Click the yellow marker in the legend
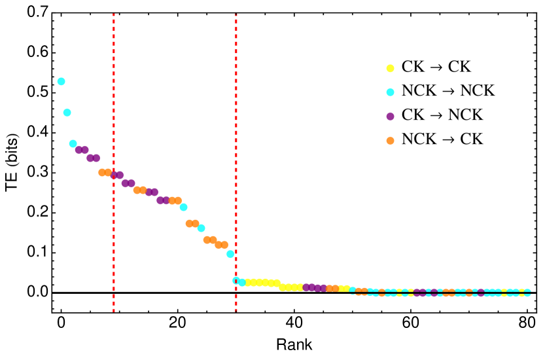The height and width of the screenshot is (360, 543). tap(390, 68)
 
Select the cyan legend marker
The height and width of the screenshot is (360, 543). tap(390, 92)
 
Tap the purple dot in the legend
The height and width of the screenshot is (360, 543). tap(390, 117)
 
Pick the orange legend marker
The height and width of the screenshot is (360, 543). tap(390, 141)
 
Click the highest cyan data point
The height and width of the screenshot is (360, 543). tap(61, 82)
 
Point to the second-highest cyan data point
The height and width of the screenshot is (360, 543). tap(67, 113)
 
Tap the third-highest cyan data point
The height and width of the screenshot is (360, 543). tap(73, 143)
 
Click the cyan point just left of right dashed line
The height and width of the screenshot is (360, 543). tap(230, 254)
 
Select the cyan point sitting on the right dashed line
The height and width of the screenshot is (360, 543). tap(236, 280)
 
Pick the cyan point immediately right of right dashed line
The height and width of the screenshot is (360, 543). tap(242, 282)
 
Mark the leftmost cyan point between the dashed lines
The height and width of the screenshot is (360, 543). tap(183, 207)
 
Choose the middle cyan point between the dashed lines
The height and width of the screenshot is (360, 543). tap(201, 228)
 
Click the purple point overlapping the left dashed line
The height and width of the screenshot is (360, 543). tap(114, 175)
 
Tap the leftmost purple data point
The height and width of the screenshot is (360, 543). tap(79, 150)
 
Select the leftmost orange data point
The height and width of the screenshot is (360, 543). tap(102, 172)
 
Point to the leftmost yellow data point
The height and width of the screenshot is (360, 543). tap(248, 282)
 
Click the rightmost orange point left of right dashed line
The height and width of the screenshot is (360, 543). tap(224, 245)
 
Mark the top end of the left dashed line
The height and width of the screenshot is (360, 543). tap(114, 14)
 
